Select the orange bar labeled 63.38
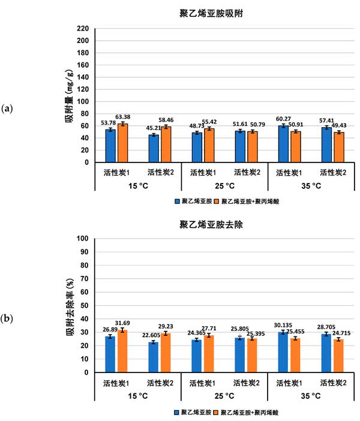tap(123, 143)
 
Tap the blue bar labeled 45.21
tap(154, 148)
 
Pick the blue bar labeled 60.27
tap(284, 144)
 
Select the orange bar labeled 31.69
tap(123, 351)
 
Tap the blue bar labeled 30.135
tap(284, 352)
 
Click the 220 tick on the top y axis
tap(83, 29)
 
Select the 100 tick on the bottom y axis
tap(83, 238)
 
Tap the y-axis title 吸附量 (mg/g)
tap(70, 96)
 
